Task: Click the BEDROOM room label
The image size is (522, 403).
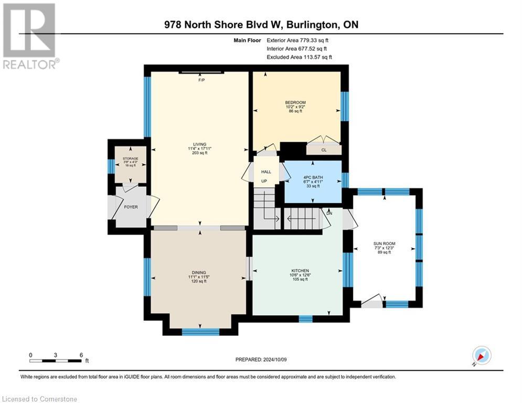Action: (295, 102)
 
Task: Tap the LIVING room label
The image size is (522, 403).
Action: (199, 144)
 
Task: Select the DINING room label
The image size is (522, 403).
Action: (199, 272)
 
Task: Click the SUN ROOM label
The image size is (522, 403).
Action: (384, 243)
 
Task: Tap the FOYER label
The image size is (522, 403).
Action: (131, 207)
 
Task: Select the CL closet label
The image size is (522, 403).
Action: (323, 150)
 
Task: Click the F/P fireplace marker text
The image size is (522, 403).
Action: (201, 80)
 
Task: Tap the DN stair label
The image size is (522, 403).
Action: (329, 214)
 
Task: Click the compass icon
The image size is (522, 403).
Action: (481, 355)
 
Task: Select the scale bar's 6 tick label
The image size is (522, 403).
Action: (81, 355)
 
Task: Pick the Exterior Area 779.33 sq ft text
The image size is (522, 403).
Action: (297, 40)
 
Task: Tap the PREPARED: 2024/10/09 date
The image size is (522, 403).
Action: (261, 359)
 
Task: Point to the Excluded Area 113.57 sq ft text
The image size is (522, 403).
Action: (299, 57)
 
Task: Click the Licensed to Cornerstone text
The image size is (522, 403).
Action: (39, 399)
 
